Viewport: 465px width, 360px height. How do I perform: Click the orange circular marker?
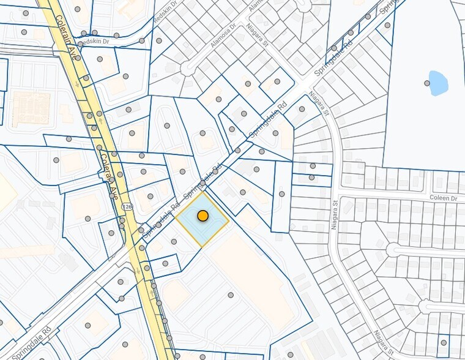pos(203,216)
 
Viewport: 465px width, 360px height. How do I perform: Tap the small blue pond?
pos(438,83)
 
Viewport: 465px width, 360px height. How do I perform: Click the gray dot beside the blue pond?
pos(426,83)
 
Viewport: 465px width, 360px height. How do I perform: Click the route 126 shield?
pos(127,207)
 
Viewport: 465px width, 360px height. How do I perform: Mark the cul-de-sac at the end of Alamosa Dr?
pos(187,68)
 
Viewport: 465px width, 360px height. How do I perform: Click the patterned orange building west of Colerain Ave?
pos(30,108)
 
